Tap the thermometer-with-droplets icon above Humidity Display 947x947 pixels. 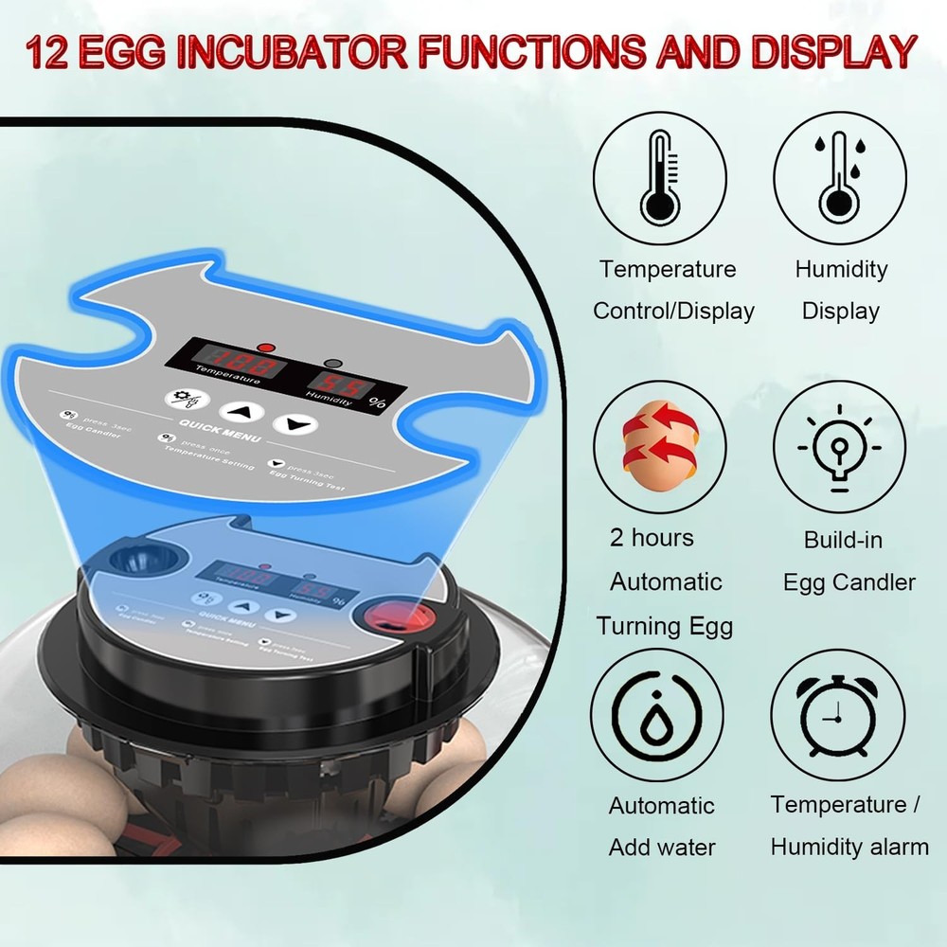click(x=839, y=177)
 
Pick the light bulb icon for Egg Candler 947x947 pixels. click(x=839, y=446)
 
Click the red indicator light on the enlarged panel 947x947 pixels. click(x=266, y=347)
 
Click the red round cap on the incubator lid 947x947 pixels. click(x=391, y=621)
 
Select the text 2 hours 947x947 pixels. click(x=652, y=538)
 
